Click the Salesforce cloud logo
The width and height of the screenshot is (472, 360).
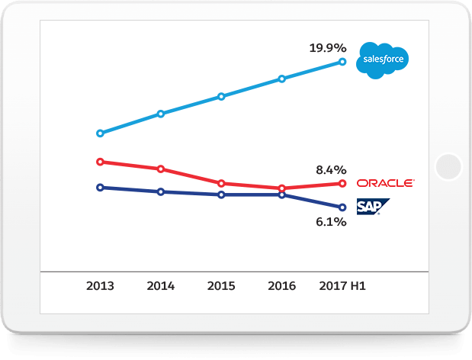[x=383, y=59]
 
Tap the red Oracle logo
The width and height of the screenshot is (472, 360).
[x=385, y=183]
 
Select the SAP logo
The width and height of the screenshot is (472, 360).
[x=373, y=207]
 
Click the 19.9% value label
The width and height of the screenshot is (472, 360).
[x=327, y=48]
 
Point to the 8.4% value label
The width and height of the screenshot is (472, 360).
[x=331, y=169]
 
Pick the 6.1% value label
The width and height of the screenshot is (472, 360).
[x=331, y=222]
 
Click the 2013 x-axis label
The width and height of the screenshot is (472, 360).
[x=100, y=286]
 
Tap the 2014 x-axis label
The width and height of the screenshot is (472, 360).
[x=160, y=286]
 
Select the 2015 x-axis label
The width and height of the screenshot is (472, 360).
[x=221, y=286]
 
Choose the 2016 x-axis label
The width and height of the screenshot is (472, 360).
[x=282, y=286]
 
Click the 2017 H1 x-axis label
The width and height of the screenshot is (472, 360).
[x=342, y=286]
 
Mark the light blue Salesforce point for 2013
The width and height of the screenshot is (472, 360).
[x=100, y=133]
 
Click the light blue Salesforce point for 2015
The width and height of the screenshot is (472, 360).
[x=221, y=96]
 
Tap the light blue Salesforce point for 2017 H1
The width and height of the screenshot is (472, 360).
[x=342, y=62]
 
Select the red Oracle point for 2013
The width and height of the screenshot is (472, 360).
[x=100, y=162]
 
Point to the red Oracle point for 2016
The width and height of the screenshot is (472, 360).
[x=282, y=188]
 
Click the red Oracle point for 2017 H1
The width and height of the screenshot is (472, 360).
[x=342, y=183]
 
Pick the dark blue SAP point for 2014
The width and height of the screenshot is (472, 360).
[x=160, y=191]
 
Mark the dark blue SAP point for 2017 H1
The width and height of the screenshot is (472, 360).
[x=342, y=207]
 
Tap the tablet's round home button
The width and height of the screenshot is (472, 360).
[x=448, y=166]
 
